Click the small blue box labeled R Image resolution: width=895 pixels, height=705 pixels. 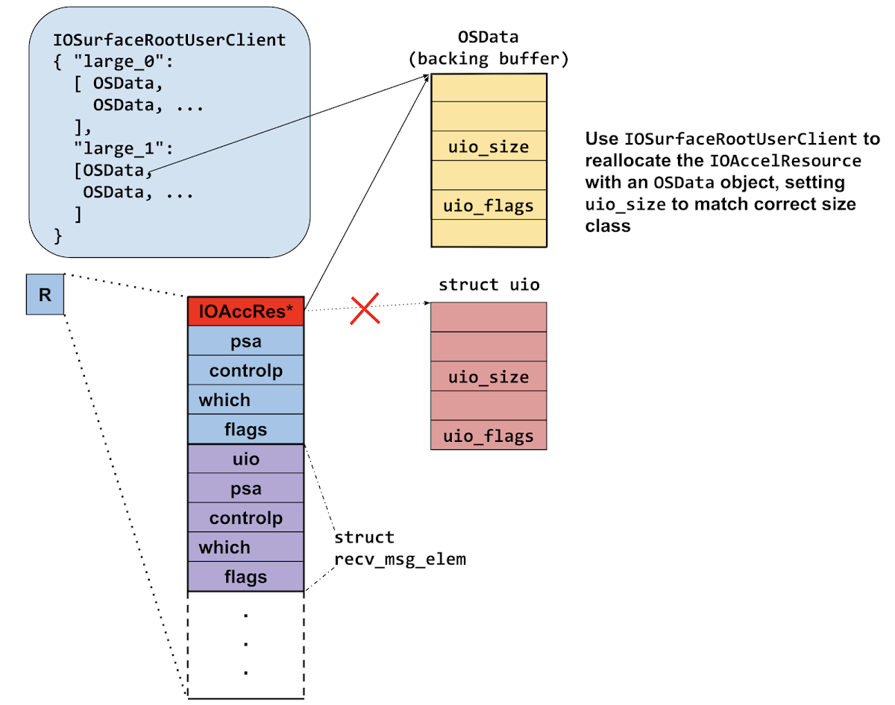(x=45, y=294)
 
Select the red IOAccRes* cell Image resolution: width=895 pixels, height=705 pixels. (x=245, y=312)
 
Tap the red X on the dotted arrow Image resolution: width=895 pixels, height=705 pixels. (x=365, y=308)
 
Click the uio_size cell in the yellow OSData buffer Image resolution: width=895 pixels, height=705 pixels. (x=489, y=146)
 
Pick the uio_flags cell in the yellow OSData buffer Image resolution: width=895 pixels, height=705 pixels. (x=489, y=205)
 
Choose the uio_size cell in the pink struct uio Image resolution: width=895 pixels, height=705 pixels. (x=489, y=377)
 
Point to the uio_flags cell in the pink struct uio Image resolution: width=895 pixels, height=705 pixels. (x=489, y=436)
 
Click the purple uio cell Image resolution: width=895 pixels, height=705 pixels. (x=245, y=459)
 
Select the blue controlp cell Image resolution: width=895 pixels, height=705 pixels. (x=245, y=370)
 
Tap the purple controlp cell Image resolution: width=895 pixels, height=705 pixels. (x=245, y=518)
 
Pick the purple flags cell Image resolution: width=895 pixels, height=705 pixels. (x=245, y=577)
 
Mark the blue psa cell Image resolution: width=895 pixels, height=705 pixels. (x=245, y=341)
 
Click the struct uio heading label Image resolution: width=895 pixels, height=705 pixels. (x=489, y=285)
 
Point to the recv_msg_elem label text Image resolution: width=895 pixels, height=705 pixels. (x=400, y=558)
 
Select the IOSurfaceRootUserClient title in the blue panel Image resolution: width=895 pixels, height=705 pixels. (x=169, y=39)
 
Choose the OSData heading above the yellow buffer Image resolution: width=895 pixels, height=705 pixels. (x=489, y=38)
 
